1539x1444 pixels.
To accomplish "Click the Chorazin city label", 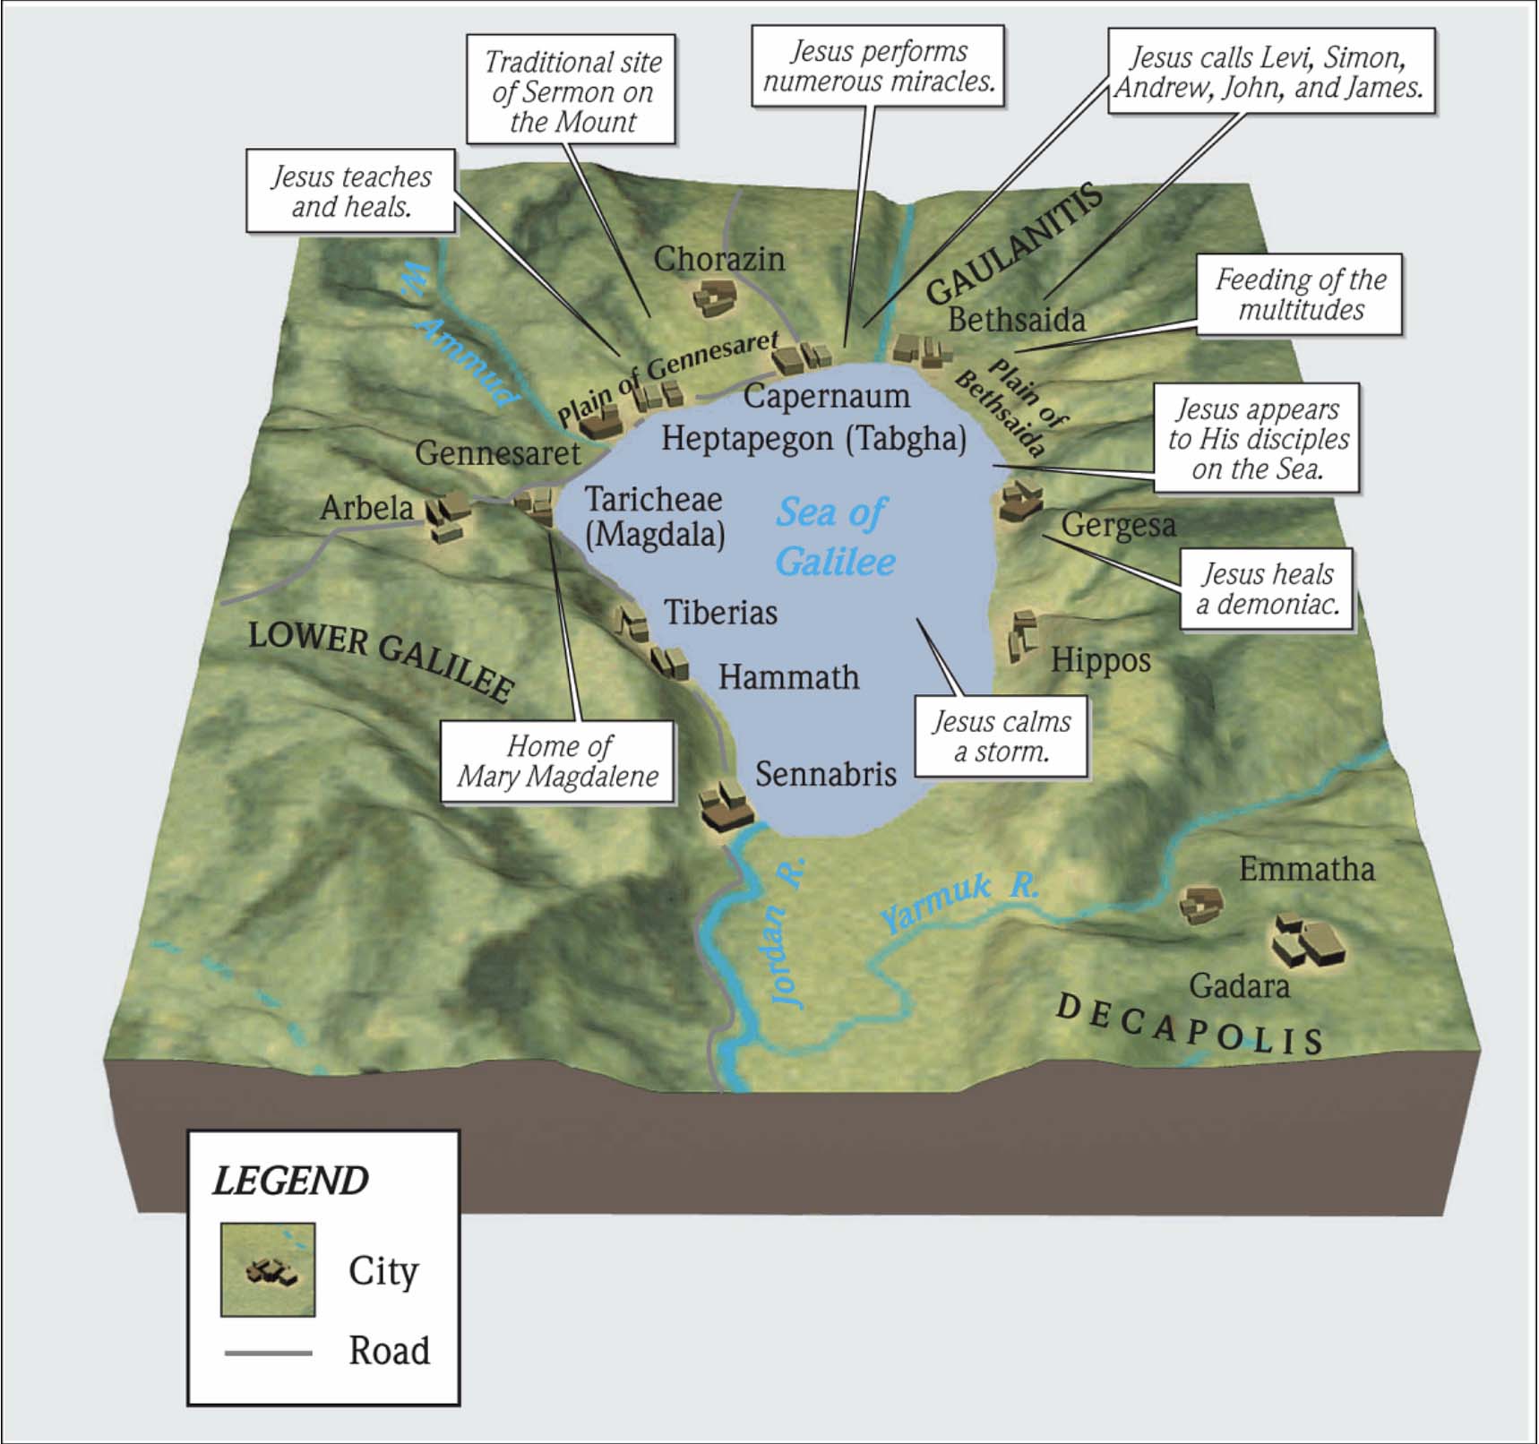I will coord(718,259).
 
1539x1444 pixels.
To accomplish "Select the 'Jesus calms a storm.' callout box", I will coord(1001,736).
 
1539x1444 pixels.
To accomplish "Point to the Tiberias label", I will coord(720,613).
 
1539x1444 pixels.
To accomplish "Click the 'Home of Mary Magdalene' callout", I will coord(557,761).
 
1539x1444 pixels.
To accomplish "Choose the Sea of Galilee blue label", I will coord(834,537).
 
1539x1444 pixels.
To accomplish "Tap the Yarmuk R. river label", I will coord(959,901).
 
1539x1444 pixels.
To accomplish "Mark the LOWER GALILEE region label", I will coord(382,659).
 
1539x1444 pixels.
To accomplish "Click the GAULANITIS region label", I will coord(1013,244).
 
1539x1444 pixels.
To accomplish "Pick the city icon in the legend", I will coord(268,1269).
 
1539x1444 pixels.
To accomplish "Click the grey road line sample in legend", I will coord(268,1352).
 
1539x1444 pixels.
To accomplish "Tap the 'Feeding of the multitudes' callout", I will coord(1300,295).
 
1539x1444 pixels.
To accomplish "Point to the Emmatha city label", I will coord(1306,868).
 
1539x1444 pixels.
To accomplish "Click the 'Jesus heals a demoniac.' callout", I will coord(1267,589).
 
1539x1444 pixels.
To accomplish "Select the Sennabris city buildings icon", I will coord(726,804).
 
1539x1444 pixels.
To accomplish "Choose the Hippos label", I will coord(1100,660).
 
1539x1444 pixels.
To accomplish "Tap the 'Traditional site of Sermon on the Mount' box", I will coord(572,91).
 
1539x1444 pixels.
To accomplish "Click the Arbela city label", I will coord(366,508).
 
